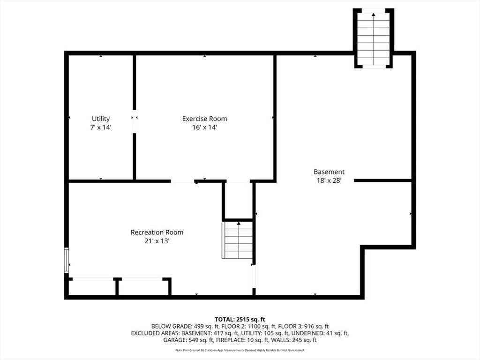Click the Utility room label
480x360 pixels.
[101, 119]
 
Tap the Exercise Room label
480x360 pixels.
[204, 119]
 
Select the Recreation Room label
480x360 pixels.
[157, 232]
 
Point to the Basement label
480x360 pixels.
[329, 172]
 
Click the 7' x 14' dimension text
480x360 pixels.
[101, 127]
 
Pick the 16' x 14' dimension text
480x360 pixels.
[204, 127]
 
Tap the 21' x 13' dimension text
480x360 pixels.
[157, 241]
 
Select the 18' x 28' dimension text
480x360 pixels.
[329, 180]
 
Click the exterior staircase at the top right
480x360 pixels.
[374, 38]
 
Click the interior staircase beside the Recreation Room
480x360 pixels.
[239, 240]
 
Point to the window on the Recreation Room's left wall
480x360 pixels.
[66, 260]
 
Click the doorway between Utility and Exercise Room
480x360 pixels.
[135, 121]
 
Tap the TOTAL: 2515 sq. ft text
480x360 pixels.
[240, 320]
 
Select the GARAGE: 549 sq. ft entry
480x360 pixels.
[188, 340]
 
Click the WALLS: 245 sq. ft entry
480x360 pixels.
[300, 340]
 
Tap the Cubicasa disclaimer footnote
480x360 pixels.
[240, 350]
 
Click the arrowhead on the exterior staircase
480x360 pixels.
[374, 14]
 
